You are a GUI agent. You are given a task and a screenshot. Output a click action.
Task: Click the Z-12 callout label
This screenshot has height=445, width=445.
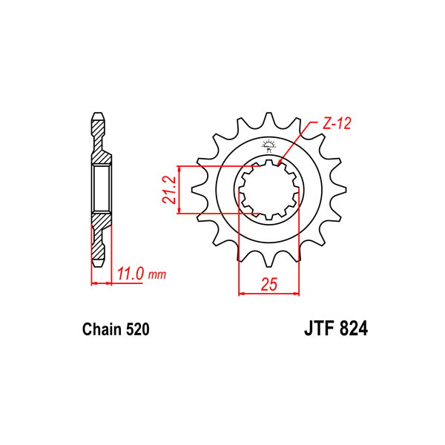point(337,123)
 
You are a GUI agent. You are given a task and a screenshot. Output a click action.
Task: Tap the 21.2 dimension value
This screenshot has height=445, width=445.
point(169,190)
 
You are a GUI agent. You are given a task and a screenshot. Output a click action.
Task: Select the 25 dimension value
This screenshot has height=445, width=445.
point(268,284)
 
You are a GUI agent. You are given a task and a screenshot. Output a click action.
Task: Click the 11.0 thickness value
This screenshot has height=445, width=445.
point(130,274)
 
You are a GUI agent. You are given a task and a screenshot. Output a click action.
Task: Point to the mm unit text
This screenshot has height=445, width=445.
point(157,274)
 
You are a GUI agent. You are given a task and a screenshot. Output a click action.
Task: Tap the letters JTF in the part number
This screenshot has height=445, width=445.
point(318,329)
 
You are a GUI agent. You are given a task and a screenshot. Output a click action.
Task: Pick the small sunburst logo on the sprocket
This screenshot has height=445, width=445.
point(268,146)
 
